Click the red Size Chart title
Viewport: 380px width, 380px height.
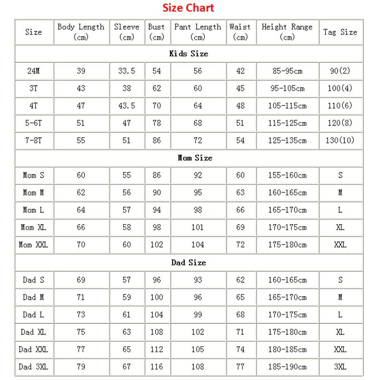(x=188, y=8)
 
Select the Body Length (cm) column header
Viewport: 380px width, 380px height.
(x=81, y=32)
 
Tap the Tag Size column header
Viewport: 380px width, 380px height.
(x=340, y=32)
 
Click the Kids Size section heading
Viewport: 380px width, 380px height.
(x=189, y=54)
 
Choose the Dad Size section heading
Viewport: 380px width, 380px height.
(x=189, y=262)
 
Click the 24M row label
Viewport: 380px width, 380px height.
(x=34, y=71)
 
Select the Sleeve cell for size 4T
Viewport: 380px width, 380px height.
(x=126, y=105)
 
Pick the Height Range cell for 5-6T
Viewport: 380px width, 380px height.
(x=287, y=123)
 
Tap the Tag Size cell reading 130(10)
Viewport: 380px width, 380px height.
(x=341, y=140)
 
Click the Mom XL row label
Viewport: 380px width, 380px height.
(x=33, y=227)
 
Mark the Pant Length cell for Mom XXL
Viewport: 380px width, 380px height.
(x=198, y=245)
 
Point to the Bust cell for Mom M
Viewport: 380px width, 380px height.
(x=157, y=192)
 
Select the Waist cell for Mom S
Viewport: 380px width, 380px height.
(x=240, y=175)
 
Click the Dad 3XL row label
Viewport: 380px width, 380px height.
(x=34, y=366)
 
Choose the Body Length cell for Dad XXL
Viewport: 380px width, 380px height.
(x=81, y=349)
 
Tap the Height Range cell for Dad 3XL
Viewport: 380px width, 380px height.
(x=287, y=366)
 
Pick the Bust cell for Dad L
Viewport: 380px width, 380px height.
(x=157, y=314)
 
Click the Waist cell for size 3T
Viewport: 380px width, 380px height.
(x=240, y=88)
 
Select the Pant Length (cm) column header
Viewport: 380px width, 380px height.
(x=198, y=32)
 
